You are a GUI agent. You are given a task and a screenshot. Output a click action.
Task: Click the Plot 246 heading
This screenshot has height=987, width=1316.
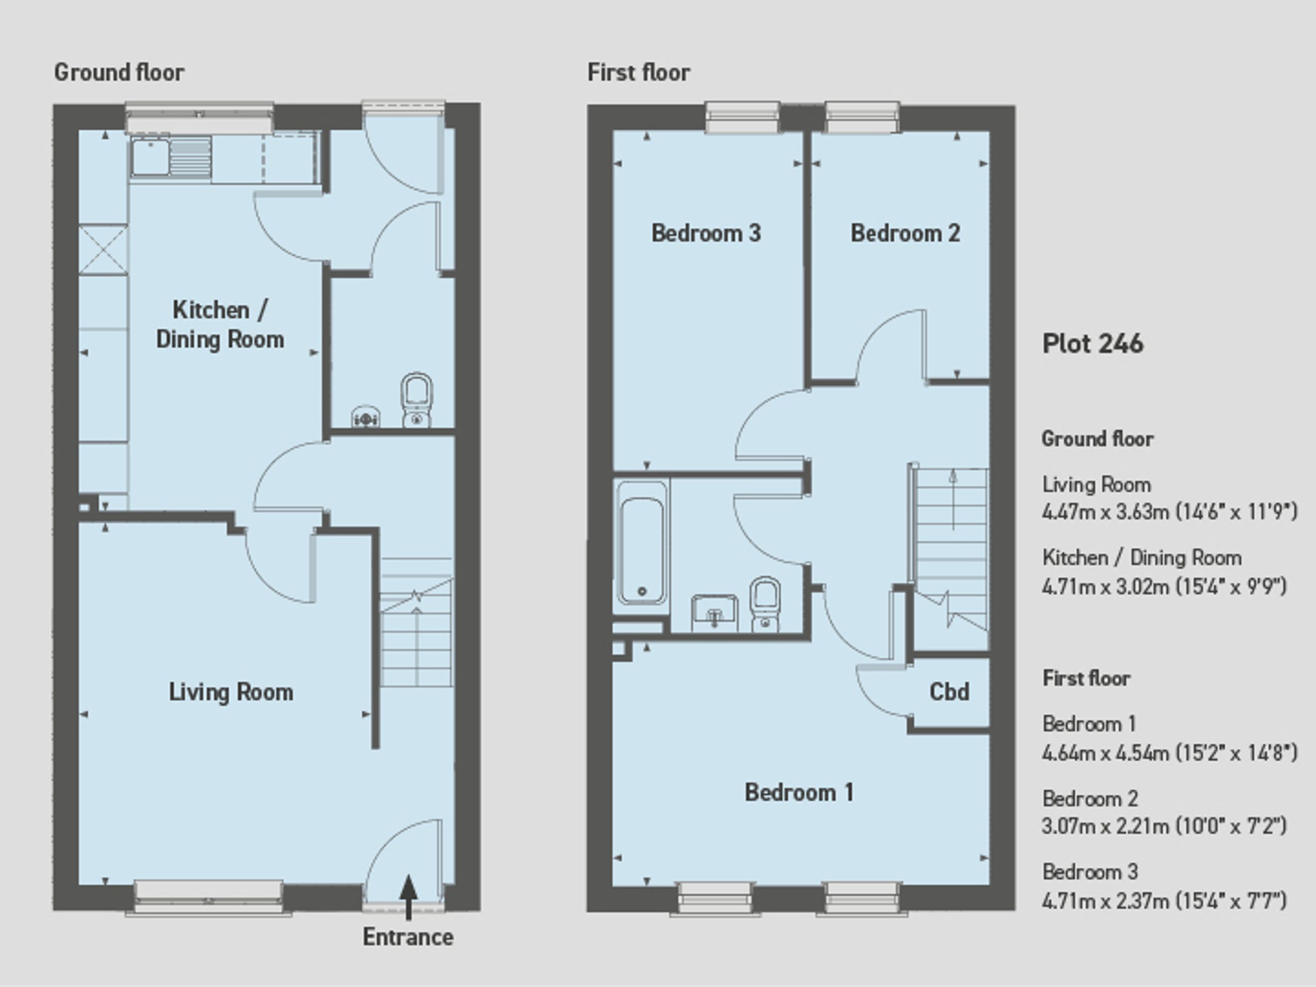tap(1093, 344)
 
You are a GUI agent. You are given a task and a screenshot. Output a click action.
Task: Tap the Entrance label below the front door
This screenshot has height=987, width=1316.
tap(408, 937)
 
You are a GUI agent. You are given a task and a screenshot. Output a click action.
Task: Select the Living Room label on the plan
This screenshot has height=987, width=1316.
tap(231, 692)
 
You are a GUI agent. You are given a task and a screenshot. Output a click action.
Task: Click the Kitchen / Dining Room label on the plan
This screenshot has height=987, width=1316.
tap(219, 325)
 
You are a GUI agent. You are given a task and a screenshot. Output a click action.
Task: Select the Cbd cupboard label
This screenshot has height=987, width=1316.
tap(949, 692)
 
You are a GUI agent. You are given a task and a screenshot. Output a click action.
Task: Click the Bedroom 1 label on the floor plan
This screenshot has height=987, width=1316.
tap(799, 793)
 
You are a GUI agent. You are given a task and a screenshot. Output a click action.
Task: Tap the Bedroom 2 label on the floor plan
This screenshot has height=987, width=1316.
tap(905, 233)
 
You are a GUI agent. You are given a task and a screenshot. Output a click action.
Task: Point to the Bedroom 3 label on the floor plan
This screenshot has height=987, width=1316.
tap(706, 233)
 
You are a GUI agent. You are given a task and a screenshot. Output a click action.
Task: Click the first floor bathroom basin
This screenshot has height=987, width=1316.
tap(714, 612)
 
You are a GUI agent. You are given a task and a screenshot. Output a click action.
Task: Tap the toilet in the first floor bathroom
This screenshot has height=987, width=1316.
tap(765, 603)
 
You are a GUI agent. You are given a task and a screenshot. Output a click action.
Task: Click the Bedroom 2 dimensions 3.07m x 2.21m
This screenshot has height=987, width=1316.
tap(1104, 826)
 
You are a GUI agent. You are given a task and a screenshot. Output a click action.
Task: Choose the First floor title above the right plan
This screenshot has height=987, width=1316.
tap(639, 73)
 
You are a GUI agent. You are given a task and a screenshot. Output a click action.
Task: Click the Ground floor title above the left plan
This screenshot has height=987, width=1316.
tap(119, 73)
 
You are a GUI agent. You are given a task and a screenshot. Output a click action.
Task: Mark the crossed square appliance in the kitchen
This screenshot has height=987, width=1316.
tap(103, 249)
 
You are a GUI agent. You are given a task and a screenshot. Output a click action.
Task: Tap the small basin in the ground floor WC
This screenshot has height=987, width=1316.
tap(365, 418)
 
